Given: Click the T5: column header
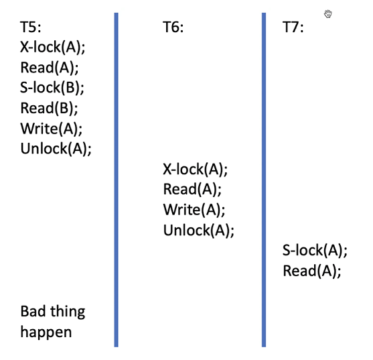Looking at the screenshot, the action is (x=31, y=27).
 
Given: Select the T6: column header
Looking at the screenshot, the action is (x=173, y=27).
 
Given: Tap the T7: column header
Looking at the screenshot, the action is (x=293, y=27).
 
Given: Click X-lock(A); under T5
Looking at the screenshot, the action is (x=53, y=47).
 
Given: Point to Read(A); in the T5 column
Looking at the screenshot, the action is (x=50, y=68).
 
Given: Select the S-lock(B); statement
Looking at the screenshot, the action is (x=52, y=88).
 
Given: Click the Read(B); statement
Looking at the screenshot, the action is (x=50, y=108).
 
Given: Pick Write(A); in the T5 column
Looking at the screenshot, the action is (x=52, y=129).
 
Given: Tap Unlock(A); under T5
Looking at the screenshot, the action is (x=56, y=149).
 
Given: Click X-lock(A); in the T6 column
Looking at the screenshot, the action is (x=196, y=170).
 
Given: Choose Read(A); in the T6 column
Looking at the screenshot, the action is (x=192, y=190).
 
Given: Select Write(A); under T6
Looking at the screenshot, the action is (x=194, y=210).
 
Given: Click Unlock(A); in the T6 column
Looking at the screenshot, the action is (x=199, y=231).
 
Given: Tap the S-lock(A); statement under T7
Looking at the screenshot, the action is (x=315, y=251).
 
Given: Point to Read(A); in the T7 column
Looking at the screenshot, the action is (x=312, y=271).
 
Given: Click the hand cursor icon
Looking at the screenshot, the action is (x=328, y=14).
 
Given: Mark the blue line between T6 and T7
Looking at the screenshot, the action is (x=264, y=180).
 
